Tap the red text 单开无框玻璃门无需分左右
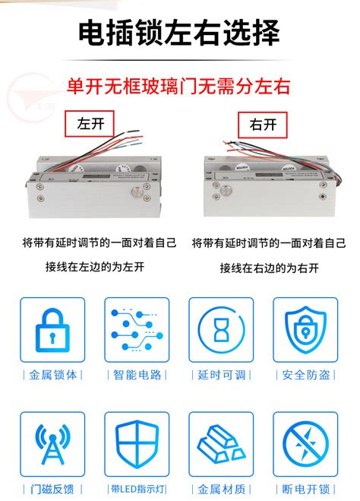(x=179, y=85)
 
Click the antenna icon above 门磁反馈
(x=52, y=444)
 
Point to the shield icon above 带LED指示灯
(x=137, y=444)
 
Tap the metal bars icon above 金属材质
(x=221, y=444)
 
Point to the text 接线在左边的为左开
(x=94, y=267)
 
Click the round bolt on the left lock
(x=138, y=192)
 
